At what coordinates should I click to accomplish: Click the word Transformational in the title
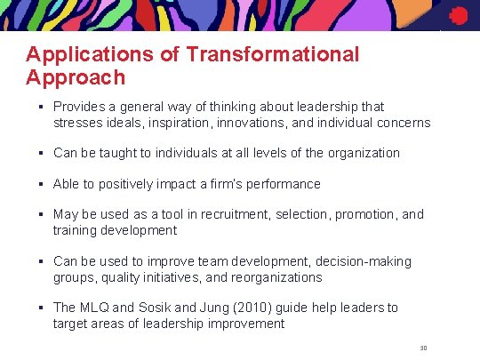(273, 55)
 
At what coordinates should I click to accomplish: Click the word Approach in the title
(76, 77)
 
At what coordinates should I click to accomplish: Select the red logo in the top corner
(458, 16)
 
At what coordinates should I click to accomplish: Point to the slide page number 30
(423, 347)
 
